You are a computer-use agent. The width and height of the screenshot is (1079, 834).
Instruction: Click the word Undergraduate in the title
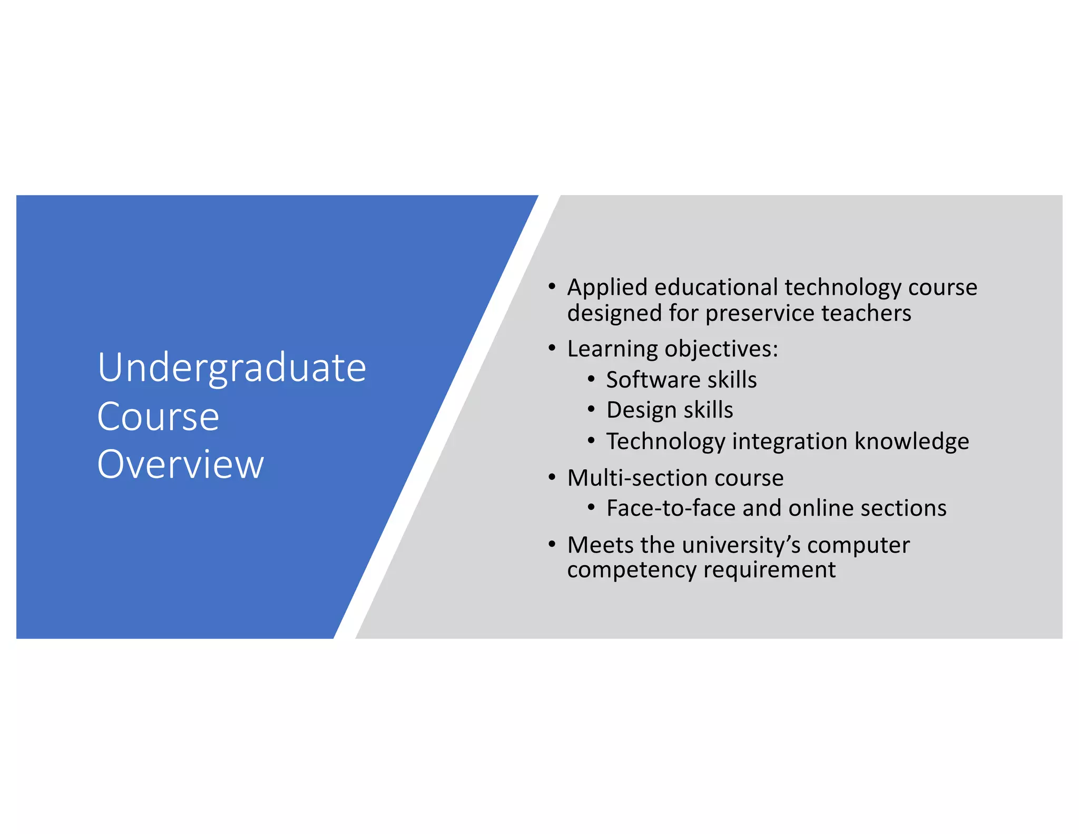tap(232, 368)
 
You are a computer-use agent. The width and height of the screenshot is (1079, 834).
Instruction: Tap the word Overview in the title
tap(180, 464)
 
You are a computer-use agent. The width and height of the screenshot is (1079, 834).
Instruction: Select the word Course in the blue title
tap(158, 416)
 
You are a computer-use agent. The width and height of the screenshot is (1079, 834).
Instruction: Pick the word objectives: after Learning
tap(721, 349)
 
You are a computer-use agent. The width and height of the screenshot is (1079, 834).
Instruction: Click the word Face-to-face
tap(670, 508)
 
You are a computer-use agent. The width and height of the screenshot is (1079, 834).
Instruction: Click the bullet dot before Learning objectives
tap(552, 348)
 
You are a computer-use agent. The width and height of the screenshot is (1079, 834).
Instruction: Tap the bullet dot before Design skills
tap(591, 410)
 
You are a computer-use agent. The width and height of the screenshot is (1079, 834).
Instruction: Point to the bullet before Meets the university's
tap(552, 544)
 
